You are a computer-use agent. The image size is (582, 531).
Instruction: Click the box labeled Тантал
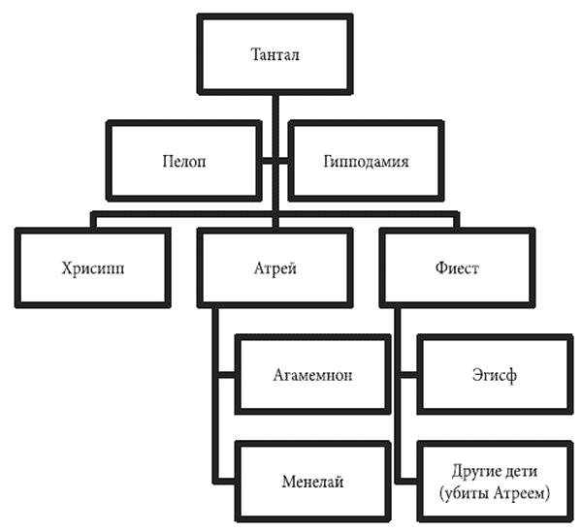(x=275, y=54)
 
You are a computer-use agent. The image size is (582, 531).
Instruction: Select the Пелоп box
(x=183, y=161)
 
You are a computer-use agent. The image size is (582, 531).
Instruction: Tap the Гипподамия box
(x=366, y=161)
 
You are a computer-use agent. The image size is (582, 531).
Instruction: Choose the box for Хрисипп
(x=94, y=268)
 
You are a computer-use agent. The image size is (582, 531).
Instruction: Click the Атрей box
(x=275, y=268)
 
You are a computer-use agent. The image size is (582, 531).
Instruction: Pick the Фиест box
(x=458, y=268)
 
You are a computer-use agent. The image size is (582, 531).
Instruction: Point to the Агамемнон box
(x=313, y=374)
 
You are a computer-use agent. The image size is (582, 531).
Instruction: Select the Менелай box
(x=313, y=480)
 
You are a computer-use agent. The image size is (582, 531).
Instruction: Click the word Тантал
(x=275, y=54)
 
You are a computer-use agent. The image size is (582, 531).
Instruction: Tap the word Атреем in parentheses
(x=524, y=491)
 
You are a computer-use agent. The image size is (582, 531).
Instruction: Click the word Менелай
(x=313, y=481)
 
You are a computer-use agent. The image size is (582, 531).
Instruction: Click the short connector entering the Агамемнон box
(x=227, y=374)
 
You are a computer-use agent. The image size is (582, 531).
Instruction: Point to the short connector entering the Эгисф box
(x=409, y=374)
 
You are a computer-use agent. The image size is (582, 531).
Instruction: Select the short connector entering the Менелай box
(x=227, y=480)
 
